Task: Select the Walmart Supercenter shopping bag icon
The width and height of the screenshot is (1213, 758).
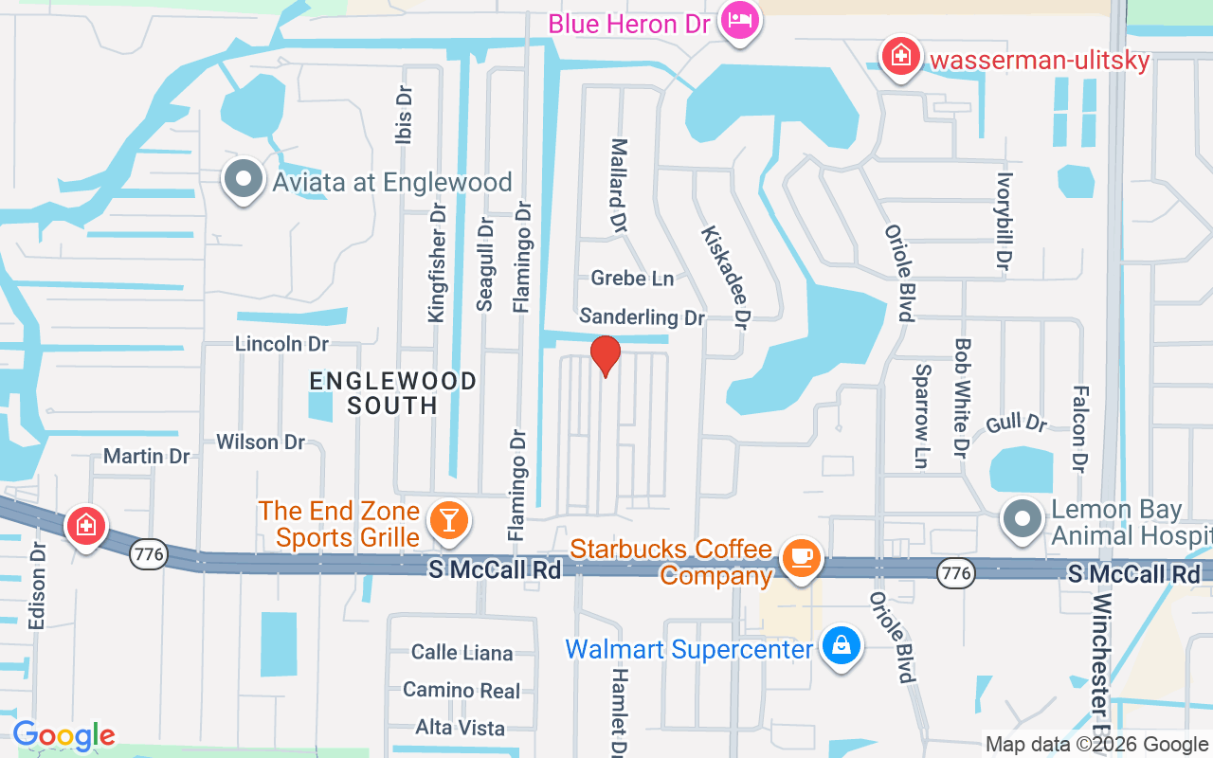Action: coord(841,646)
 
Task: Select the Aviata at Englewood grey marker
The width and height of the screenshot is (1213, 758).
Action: coord(244,178)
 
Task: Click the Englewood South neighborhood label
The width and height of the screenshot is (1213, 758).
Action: coord(392,392)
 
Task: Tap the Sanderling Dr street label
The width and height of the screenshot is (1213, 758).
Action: coord(643,317)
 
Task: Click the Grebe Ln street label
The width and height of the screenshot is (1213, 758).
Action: coord(632,279)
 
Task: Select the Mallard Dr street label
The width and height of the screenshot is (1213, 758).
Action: coord(619,187)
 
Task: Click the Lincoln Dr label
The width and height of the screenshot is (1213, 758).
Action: coord(281,343)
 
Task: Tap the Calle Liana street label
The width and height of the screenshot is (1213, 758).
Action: coord(462,652)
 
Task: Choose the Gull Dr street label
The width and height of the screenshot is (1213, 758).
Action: coord(1016,423)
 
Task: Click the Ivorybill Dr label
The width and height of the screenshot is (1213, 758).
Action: coord(1005,221)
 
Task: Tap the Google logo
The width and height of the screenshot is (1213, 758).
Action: coord(63,735)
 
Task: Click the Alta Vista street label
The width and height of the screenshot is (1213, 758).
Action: coord(461,728)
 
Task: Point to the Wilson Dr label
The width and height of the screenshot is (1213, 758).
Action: coord(261,442)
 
